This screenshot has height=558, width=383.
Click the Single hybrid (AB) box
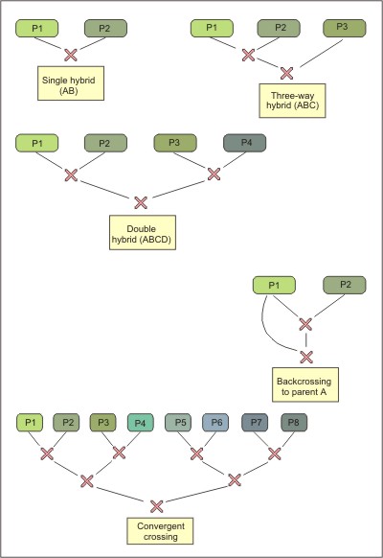click(x=71, y=83)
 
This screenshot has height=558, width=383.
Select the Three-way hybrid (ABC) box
click(x=292, y=101)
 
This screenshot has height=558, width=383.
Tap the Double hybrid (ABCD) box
click(x=143, y=232)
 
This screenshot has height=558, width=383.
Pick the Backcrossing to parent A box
click(x=305, y=384)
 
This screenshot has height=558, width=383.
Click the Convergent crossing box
click(x=160, y=531)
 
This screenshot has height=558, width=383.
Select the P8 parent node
click(x=294, y=423)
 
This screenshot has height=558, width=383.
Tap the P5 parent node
click(x=178, y=423)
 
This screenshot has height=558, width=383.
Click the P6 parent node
click(x=215, y=423)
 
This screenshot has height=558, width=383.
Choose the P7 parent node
click(x=255, y=423)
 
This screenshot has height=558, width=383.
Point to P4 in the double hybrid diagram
click(x=244, y=143)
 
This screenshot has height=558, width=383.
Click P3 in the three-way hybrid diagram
click(x=345, y=29)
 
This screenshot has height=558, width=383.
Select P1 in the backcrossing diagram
click(x=274, y=285)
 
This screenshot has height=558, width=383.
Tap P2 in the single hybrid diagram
click(x=105, y=29)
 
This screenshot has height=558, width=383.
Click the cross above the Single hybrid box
click(x=71, y=56)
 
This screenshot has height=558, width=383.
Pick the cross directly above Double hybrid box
click(x=141, y=203)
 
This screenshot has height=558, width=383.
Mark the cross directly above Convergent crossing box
click(x=157, y=506)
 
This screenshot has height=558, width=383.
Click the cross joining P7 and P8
click(x=275, y=453)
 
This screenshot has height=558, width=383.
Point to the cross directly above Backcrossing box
click(x=306, y=357)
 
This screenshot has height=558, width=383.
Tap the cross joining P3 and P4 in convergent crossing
click(x=119, y=453)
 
